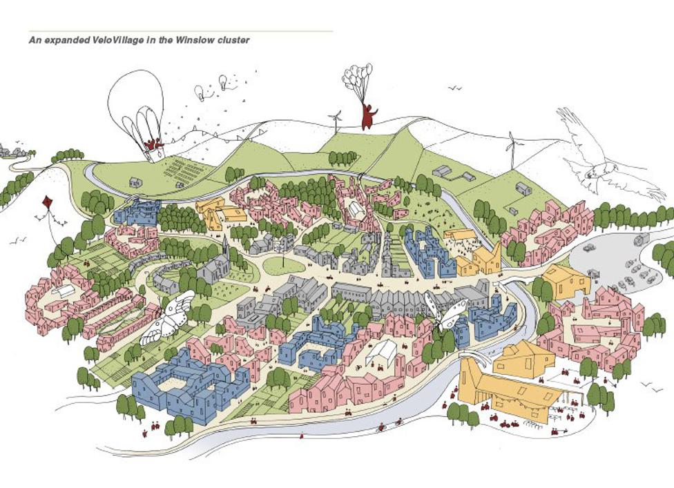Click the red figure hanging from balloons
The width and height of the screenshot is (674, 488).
click(369, 117)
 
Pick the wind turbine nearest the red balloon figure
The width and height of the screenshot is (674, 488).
click(336, 122)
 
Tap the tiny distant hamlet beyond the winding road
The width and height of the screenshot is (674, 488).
click(11, 150)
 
